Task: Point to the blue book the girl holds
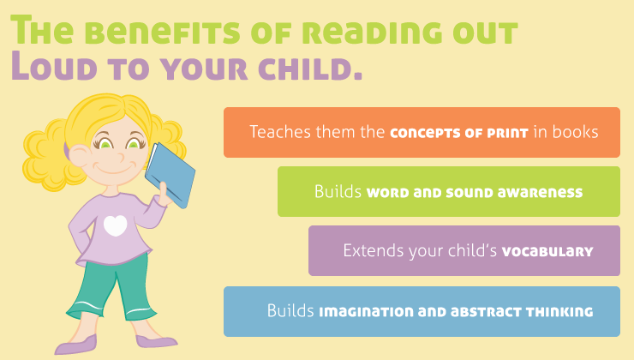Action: tap(170, 175)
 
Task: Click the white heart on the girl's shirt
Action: tap(116, 225)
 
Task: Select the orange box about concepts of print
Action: tap(422, 132)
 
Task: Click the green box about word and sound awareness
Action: tap(448, 191)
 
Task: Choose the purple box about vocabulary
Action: tap(464, 250)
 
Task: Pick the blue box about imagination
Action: tap(422, 310)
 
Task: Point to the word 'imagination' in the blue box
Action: tap(364, 311)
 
